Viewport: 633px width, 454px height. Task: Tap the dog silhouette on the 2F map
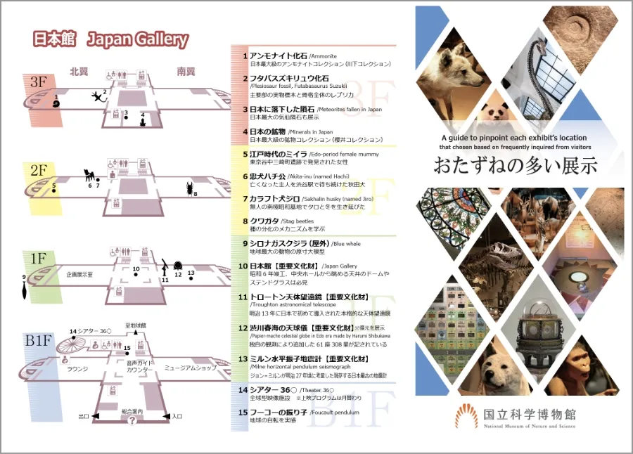[x=89, y=176]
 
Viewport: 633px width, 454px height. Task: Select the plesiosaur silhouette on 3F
[x=97, y=97]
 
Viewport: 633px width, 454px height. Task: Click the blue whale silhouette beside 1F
[x=25, y=288]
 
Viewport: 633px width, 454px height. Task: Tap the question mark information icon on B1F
[x=132, y=421]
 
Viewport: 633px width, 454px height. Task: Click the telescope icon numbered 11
[x=165, y=267]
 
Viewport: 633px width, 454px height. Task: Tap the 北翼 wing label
[x=78, y=72]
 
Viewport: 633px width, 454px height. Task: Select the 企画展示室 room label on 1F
[x=80, y=275]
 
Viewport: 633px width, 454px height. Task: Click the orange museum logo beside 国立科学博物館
[x=466, y=416]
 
